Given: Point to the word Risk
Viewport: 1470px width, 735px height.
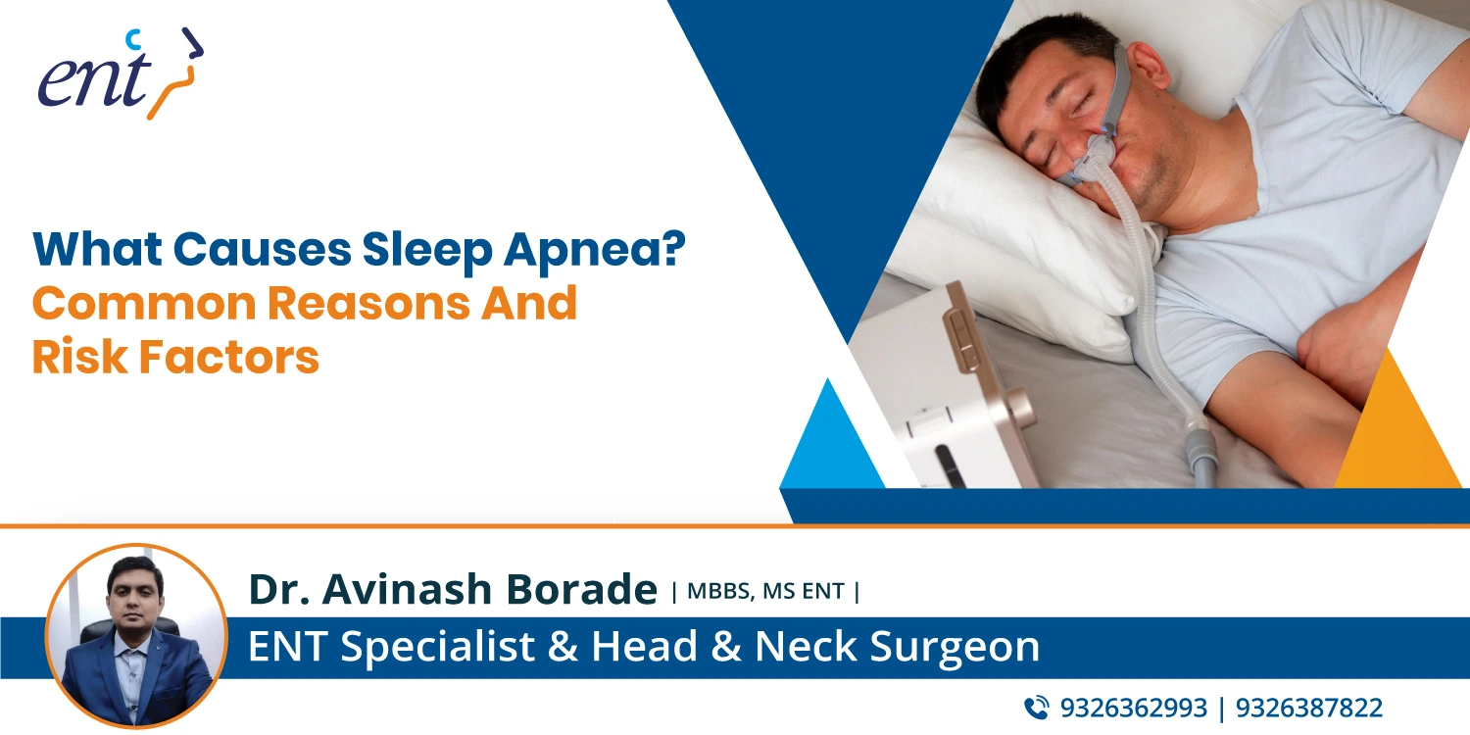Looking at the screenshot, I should [77, 358].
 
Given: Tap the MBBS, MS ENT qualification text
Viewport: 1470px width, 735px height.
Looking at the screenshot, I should [765, 591].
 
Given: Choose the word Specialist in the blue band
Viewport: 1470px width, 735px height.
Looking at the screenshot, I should [435, 648].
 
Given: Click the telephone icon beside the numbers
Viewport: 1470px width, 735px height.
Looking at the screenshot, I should [1036, 708].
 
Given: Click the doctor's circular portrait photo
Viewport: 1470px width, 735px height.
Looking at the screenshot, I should [136, 636].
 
